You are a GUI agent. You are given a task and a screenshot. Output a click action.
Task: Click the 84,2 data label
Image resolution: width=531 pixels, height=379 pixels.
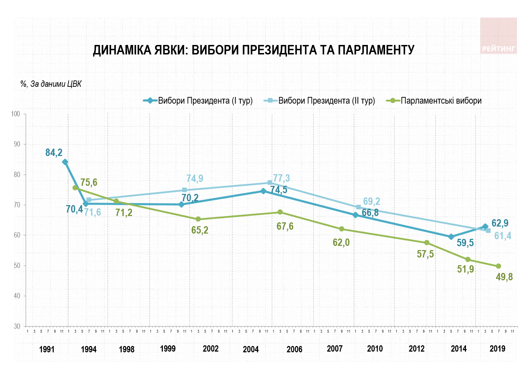pyautogui.click(x=54, y=152)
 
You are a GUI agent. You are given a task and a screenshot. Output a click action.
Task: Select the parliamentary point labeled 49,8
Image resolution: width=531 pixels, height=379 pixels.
pyautogui.click(x=498, y=266)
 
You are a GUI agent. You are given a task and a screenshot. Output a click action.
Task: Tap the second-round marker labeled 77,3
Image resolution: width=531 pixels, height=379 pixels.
pyautogui.click(x=270, y=183)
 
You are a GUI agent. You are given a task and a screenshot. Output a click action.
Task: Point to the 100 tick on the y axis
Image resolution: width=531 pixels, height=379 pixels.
pyautogui.click(x=16, y=114)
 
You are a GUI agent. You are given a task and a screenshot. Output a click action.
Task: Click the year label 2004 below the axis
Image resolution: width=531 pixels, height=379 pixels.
pyautogui.click(x=251, y=349)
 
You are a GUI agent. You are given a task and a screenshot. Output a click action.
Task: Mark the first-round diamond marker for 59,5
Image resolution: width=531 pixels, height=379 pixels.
pyautogui.click(x=451, y=237)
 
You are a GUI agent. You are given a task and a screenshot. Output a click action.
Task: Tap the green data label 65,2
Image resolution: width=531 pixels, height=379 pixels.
pyautogui.click(x=200, y=230)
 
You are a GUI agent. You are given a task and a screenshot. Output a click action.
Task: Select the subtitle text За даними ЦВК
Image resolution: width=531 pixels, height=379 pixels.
pyautogui.click(x=56, y=84)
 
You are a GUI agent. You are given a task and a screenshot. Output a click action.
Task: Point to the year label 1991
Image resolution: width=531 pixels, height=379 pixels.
pyautogui.click(x=47, y=349)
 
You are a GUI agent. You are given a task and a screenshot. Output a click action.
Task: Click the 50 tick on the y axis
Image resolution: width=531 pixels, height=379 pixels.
pyautogui.click(x=17, y=266)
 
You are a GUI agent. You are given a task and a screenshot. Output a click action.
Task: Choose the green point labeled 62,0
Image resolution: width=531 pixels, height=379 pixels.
pyautogui.click(x=341, y=229)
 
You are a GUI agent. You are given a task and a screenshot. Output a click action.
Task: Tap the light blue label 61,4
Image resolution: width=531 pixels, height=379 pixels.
pyautogui.click(x=503, y=236)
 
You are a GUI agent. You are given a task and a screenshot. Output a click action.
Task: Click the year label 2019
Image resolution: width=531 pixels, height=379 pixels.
pyautogui.click(x=497, y=349)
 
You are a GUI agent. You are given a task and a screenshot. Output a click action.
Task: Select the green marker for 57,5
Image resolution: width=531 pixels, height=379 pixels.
pyautogui.click(x=427, y=243)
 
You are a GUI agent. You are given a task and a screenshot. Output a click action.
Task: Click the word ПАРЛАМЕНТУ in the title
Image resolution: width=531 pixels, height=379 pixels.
pyautogui.click(x=376, y=50)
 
